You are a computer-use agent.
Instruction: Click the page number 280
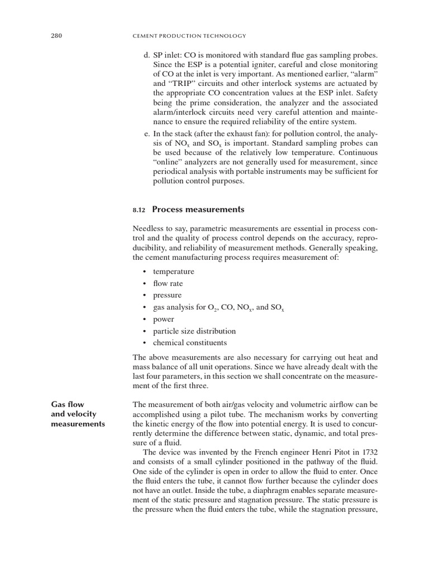(56, 36)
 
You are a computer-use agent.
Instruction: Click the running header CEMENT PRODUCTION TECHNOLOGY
(187, 36)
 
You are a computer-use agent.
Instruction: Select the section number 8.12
(139, 210)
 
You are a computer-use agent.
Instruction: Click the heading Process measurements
(198, 210)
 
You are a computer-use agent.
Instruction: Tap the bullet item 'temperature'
(173, 272)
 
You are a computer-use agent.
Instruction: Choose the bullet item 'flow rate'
(168, 283)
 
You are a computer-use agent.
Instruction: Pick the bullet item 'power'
(163, 319)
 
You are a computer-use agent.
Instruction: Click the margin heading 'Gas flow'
(67, 404)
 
